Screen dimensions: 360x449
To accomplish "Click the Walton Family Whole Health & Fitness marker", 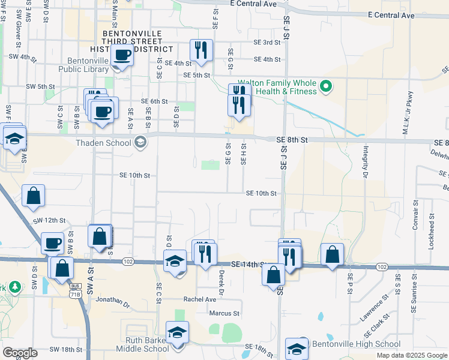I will click(326, 86).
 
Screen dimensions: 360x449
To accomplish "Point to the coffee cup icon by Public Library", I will click(124, 55).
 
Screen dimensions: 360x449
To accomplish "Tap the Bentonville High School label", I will click(355, 344).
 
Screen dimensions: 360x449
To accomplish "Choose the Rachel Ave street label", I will click(199, 299).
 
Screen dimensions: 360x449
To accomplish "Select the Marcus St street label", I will click(224, 313).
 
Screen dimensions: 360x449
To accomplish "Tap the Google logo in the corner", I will click(20, 353).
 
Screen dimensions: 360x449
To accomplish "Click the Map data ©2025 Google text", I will click(411, 355).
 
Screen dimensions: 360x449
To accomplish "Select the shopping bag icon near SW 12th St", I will click(33, 196).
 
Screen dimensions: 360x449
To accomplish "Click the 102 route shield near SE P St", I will click(381, 266).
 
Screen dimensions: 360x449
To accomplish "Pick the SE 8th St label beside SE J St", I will click(292, 140).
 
